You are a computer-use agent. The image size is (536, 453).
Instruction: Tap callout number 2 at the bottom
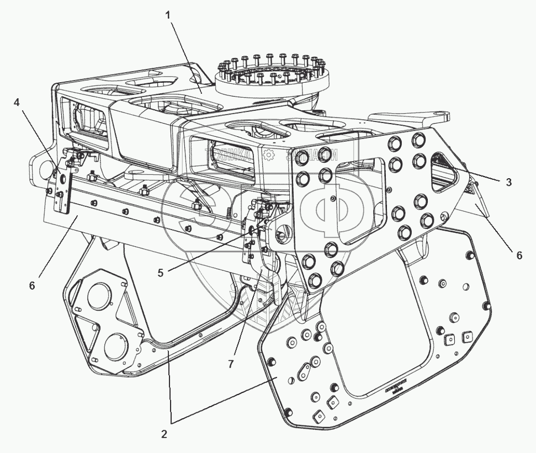pos(164,433)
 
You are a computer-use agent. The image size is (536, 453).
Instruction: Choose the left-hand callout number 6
pos(32,285)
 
